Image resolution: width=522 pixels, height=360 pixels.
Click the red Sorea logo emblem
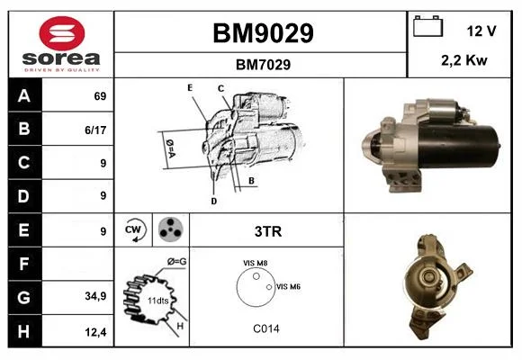tap(62, 33)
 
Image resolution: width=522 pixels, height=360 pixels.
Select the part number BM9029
tap(263, 33)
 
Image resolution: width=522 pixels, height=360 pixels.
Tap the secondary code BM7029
tap(263, 65)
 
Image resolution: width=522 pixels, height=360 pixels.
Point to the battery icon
tap(427, 26)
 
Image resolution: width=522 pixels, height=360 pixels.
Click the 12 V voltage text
tap(481, 31)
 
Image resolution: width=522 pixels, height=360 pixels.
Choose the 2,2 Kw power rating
tap(464, 60)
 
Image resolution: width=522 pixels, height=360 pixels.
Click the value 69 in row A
tap(100, 96)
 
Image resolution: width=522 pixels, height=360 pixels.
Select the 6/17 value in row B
tap(95, 130)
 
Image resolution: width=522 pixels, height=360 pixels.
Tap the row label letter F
tap(23, 264)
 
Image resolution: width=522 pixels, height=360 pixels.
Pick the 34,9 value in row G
tap(95, 296)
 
